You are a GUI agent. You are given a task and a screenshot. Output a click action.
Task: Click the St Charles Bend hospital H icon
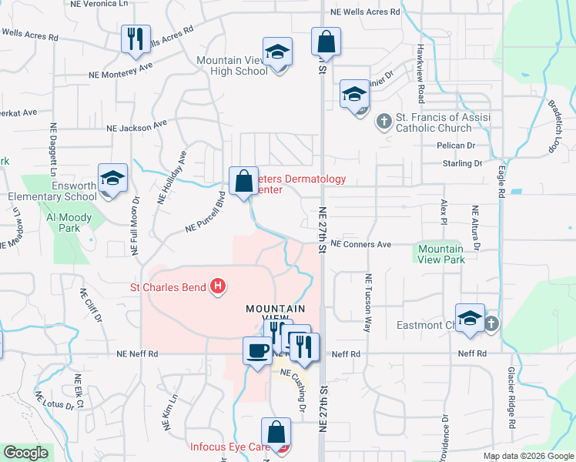218,287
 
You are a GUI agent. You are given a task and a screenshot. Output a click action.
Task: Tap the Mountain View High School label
232,65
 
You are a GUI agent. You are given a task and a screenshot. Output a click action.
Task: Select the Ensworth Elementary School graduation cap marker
112,179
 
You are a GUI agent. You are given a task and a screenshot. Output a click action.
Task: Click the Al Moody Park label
69,223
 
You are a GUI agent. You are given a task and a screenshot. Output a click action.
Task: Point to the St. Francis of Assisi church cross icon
383,121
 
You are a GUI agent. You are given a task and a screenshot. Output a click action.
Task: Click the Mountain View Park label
441,254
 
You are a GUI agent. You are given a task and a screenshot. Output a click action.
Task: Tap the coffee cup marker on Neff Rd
257,350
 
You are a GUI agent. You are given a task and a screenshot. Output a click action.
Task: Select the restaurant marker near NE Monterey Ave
136,38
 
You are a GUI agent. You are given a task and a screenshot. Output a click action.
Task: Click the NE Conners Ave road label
360,244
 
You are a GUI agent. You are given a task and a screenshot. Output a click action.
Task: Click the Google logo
25,454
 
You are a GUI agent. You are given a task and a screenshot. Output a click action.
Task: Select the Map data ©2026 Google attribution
527,456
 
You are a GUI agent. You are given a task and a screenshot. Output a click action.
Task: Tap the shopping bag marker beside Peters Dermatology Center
243,182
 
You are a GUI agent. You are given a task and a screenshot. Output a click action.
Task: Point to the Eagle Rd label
501,180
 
